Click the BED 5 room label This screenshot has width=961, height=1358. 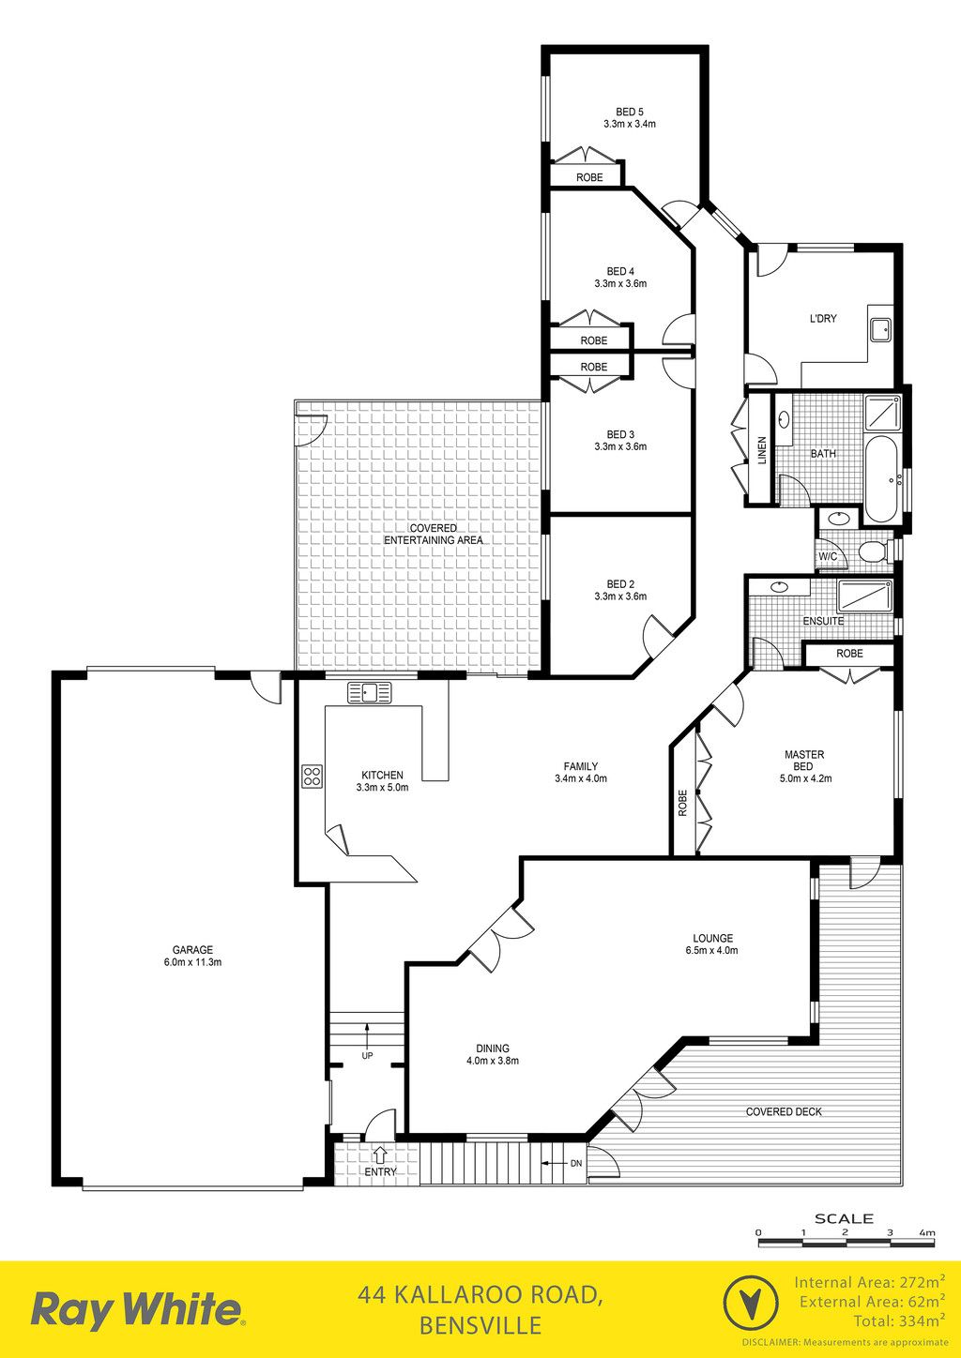point(629,112)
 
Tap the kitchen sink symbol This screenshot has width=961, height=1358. point(370,692)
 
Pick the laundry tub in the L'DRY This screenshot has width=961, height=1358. point(880,331)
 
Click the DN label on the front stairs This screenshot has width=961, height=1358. point(576,1163)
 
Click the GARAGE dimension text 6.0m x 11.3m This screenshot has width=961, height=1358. point(193,961)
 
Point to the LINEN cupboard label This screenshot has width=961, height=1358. point(762,450)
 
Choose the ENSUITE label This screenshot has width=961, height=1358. point(823,621)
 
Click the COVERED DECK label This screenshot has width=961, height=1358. point(784,1111)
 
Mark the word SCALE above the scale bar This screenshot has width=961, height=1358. point(844,1217)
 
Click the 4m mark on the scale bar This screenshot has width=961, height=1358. point(927,1232)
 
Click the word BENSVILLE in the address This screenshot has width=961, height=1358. point(480,1325)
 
